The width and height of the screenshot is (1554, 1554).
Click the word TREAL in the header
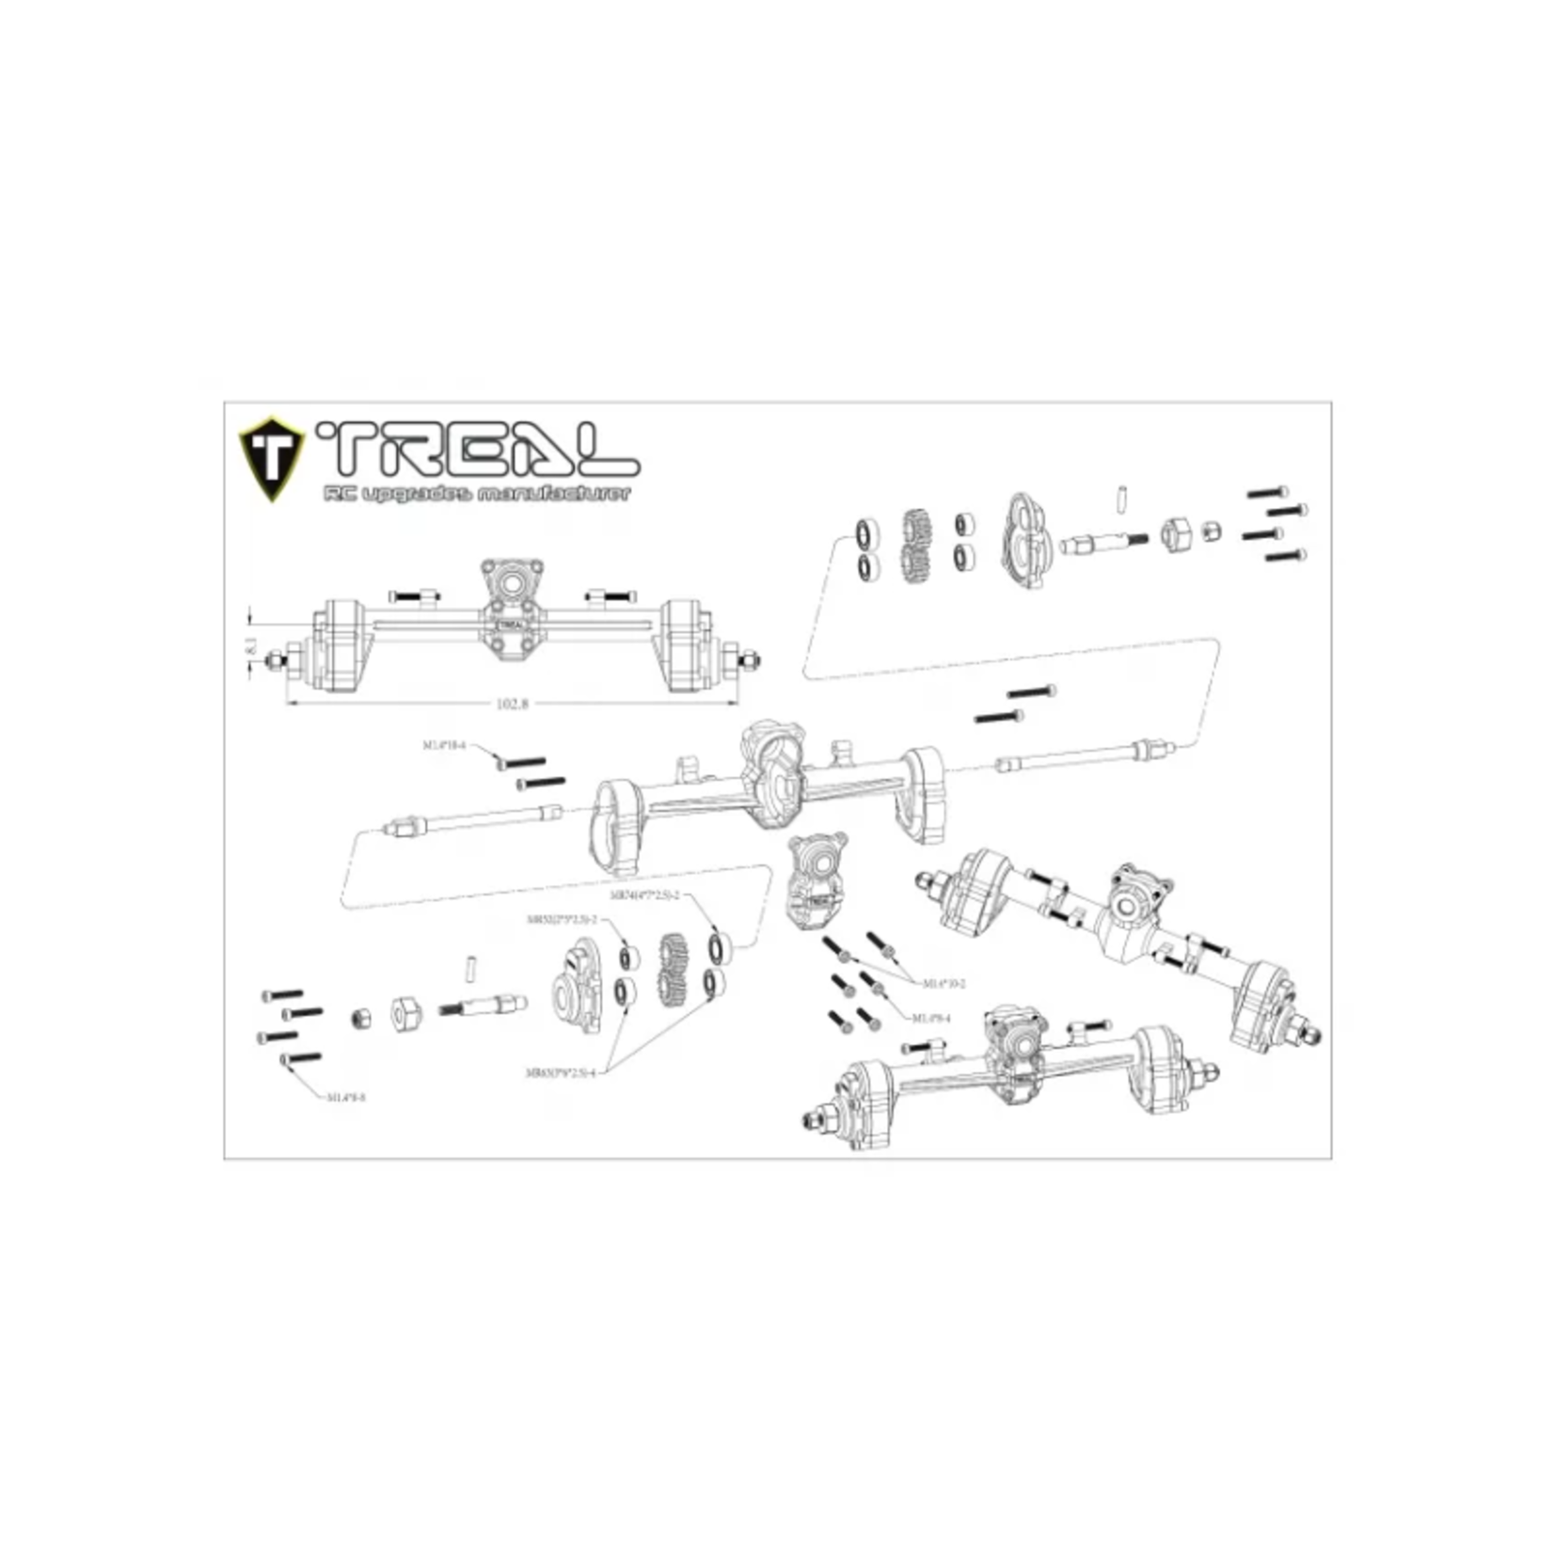478,449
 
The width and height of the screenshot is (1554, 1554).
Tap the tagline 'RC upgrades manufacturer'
476,494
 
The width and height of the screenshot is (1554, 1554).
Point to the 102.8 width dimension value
511,704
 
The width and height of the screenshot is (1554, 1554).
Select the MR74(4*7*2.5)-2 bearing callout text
644,896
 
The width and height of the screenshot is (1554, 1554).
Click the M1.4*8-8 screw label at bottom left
346,1097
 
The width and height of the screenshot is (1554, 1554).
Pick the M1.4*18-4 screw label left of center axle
443,746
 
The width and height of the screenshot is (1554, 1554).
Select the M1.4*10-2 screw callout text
943,983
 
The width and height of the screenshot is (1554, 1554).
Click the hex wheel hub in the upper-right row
1176,534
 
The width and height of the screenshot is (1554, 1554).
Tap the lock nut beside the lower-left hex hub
358,1018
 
